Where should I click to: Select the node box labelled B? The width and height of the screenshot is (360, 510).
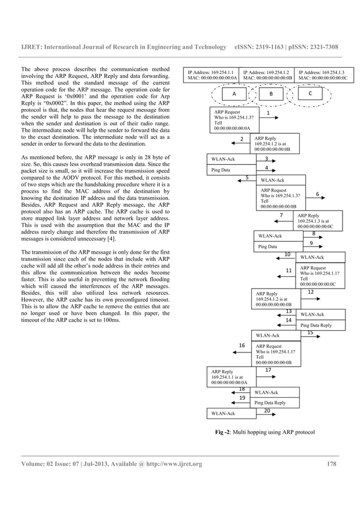(271, 94)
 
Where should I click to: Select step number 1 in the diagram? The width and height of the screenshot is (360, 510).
(267, 113)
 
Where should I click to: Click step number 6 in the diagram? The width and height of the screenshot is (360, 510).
(318, 194)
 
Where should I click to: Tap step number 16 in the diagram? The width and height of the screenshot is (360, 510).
(242, 345)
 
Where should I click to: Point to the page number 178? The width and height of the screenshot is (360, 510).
(332, 464)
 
